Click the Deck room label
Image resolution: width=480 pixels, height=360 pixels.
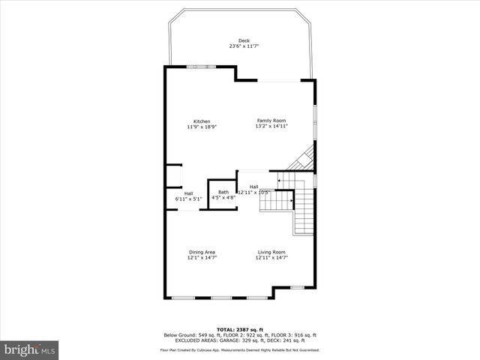point(244,40)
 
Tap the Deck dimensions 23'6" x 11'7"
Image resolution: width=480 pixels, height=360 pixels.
point(244,46)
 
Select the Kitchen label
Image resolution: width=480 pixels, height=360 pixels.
point(202,121)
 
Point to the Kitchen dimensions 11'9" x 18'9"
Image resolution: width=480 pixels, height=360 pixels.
point(202,127)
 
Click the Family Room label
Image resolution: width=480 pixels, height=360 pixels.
point(271,121)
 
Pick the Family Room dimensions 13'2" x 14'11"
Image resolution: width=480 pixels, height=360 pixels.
point(271,126)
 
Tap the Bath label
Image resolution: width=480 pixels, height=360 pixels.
point(223,193)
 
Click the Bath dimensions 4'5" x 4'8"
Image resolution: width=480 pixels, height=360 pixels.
point(223,198)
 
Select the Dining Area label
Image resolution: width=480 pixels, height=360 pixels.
point(202,252)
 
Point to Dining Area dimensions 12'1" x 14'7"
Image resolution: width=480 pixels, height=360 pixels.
point(202,257)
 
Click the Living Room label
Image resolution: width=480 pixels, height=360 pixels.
point(271,252)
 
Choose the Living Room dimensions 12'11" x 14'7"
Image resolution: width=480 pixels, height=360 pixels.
point(271,257)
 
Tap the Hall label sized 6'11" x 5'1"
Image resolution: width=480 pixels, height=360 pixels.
point(188,193)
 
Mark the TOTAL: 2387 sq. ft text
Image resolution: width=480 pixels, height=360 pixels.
point(240,329)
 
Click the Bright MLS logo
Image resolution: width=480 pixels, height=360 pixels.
point(30,349)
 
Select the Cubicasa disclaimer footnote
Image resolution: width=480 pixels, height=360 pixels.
point(240,349)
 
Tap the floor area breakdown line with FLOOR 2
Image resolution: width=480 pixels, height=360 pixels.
point(240,334)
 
